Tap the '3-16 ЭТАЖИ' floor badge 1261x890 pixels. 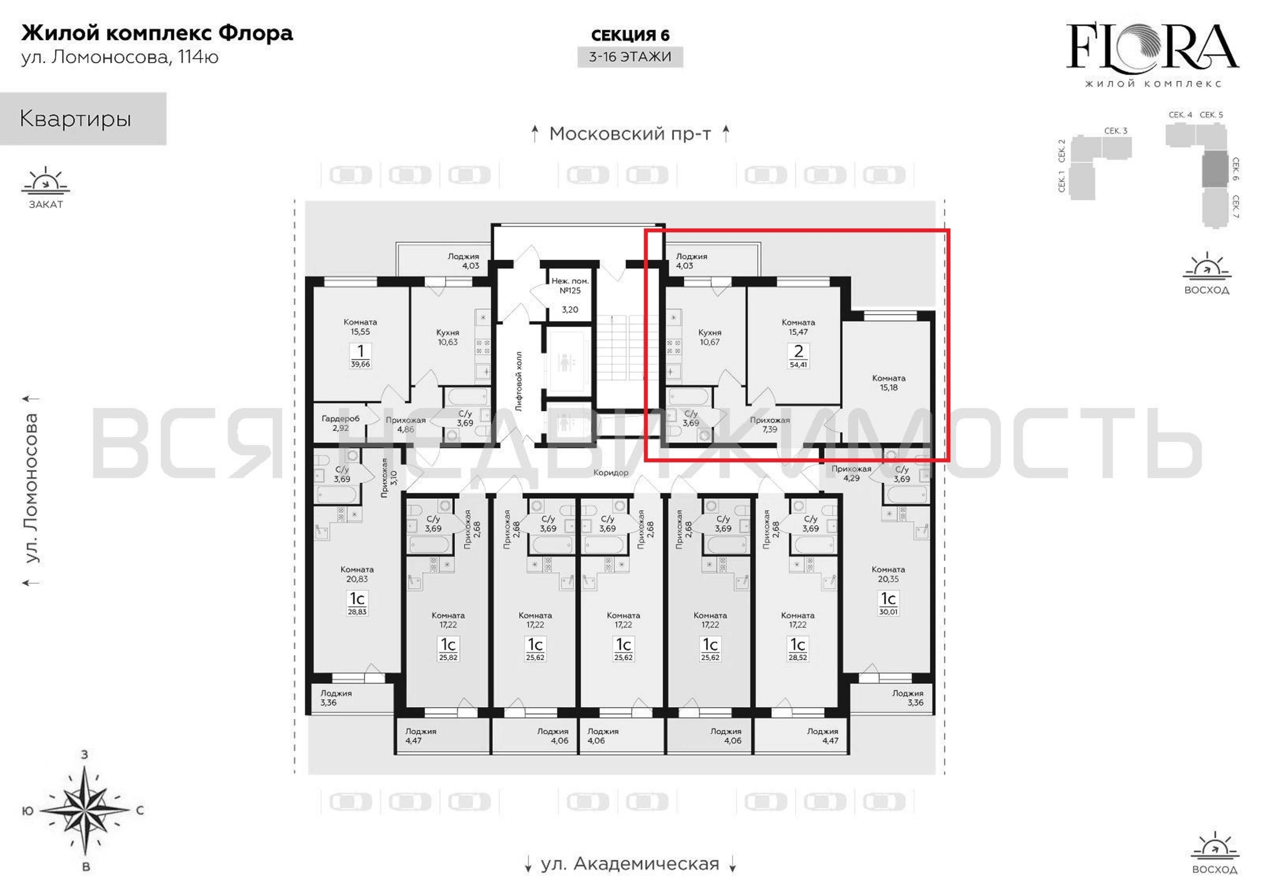630,57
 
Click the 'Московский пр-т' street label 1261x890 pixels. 630,133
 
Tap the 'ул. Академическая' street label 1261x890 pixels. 630,864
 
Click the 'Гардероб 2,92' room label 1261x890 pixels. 341,423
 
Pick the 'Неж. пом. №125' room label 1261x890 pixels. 570,286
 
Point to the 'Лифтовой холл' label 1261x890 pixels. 518,381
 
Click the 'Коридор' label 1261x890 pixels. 611,472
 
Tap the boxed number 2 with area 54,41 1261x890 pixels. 798,355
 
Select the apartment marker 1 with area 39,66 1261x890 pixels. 360,355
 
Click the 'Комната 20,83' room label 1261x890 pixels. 357,574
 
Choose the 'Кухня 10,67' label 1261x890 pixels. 710,337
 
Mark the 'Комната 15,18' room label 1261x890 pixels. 889,383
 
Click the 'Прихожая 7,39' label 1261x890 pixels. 770,425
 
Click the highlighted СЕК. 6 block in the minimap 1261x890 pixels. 1215,169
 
